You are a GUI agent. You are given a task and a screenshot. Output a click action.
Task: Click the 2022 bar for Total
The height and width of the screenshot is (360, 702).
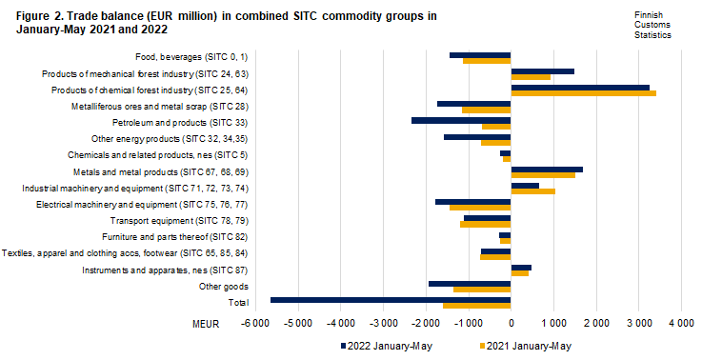(391, 299)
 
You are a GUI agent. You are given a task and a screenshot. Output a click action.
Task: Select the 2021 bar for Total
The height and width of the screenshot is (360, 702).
(476, 306)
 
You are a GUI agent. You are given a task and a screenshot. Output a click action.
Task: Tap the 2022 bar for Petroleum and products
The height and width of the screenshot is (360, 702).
(461, 120)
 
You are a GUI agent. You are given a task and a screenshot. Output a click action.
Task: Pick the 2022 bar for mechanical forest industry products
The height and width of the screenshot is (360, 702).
(542, 70)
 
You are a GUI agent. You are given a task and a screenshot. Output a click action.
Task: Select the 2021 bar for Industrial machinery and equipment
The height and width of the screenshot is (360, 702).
(532, 191)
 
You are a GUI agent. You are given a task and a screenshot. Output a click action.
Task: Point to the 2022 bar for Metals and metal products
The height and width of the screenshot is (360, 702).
(546, 170)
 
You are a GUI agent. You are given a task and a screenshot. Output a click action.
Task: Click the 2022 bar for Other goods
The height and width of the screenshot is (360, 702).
(470, 283)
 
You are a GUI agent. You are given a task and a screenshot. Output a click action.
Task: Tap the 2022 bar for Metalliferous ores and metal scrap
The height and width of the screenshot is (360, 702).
(473, 103)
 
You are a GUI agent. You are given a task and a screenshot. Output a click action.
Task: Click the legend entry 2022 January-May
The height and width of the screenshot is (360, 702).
(386, 346)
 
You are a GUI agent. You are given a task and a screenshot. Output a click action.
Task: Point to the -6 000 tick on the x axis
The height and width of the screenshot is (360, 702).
(255, 324)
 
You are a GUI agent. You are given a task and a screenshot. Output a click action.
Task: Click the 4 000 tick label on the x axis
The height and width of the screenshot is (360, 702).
(680, 324)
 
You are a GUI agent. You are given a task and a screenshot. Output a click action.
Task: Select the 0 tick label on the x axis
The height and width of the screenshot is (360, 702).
(511, 324)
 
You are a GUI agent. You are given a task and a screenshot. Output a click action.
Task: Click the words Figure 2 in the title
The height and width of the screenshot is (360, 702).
(40, 16)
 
